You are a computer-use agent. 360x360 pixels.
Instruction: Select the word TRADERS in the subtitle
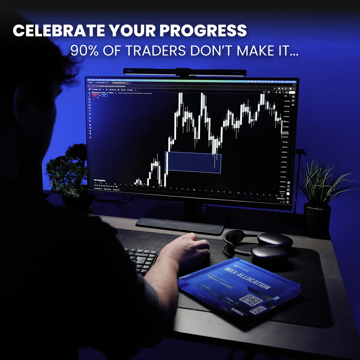pyautogui.click(x=155, y=51)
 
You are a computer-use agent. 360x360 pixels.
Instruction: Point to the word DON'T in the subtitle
pyautogui.click(x=211, y=51)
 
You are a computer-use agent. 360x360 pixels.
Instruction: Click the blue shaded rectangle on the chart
pyautogui.click(x=193, y=162)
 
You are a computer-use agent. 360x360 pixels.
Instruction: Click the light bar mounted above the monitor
pyautogui.click(x=184, y=72)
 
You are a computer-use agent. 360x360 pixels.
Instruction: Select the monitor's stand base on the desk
pyautogui.click(x=180, y=225)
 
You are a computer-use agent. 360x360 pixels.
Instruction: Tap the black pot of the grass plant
pyautogui.click(x=317, y=219)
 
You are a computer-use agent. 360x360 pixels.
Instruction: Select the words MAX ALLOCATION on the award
pyautogui.click(x=247, y=277)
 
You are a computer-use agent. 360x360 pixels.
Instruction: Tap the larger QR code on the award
pyautogui.click(x=251, y=300)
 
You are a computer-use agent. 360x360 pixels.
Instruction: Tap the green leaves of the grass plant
pyautogui.click(x=321, y=183)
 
